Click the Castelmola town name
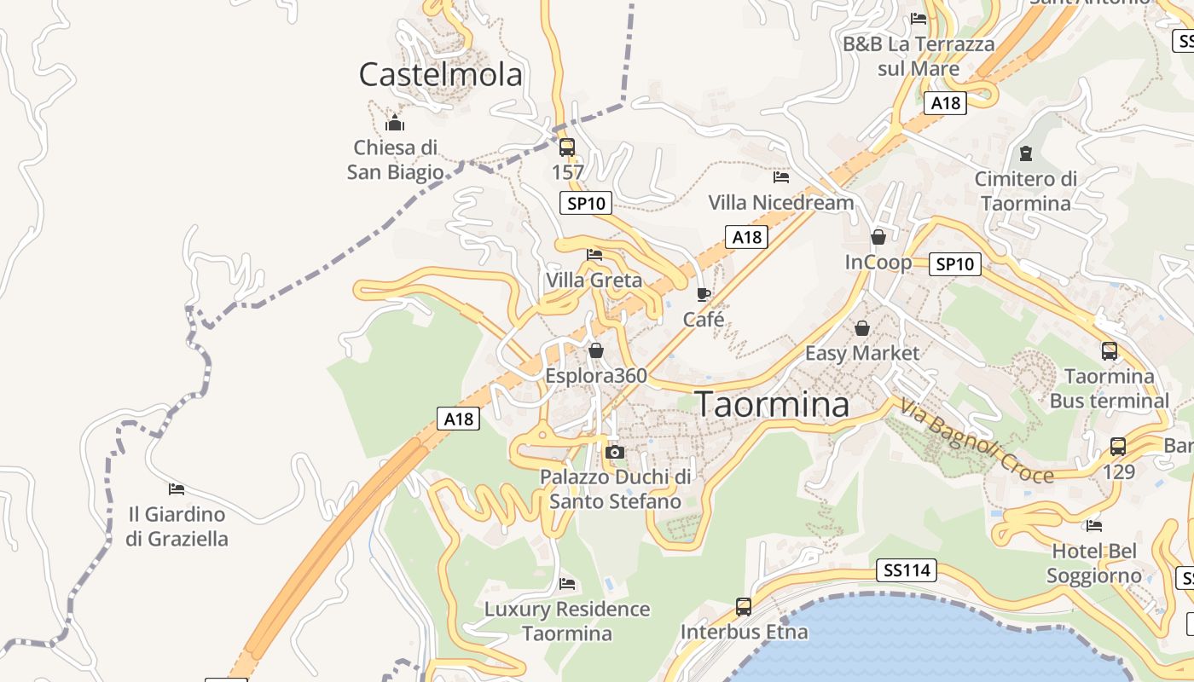coord(440,75)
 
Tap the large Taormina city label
coord(774,405)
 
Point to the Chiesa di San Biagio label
coord(395,159)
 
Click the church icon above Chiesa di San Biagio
coord(395,123)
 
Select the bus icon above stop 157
coord(567,147)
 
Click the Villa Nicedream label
coord(781,202)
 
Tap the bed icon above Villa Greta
coord(594,255)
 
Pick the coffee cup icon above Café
coord(704,294)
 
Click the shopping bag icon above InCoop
coord(878,236)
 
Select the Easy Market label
coord(862,353)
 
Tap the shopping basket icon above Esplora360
coord(596,350)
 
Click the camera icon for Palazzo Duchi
coord(614,452)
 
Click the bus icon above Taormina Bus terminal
coord(1110,350)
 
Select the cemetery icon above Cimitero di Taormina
coord(1025,153)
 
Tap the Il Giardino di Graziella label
coord(177,526)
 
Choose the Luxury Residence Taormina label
coord(567,621)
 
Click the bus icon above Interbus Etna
coord(744,607)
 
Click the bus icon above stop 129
coord(1118,446)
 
